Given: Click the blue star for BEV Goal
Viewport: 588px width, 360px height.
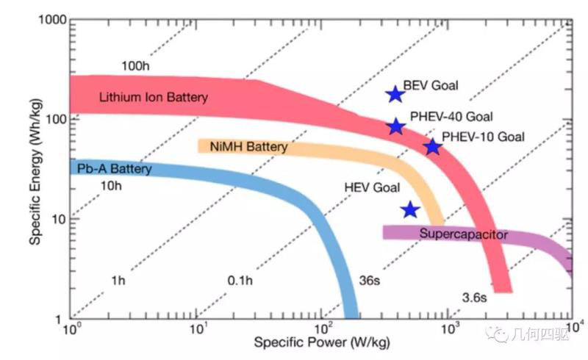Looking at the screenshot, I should [395, 94].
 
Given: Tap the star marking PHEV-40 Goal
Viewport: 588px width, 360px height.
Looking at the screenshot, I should [396, 126].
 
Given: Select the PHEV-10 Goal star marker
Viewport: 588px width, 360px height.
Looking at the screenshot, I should [432, 147].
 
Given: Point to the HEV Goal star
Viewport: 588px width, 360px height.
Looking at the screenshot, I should [410, 210].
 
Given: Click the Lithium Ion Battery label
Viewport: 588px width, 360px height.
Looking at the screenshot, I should [153, 97].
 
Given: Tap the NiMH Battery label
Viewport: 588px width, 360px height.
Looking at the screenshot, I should [248, 148].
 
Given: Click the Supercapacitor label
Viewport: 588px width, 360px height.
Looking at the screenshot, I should [464, 234].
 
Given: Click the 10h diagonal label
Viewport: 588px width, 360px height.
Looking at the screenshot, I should [109, 186].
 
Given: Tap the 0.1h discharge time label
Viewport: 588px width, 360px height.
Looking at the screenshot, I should [240, 280].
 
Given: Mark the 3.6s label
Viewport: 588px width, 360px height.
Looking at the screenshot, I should [474, 298].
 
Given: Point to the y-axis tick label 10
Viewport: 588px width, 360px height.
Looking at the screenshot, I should [56, 220].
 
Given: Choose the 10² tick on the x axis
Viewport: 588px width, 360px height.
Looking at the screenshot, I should [321, 328].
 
